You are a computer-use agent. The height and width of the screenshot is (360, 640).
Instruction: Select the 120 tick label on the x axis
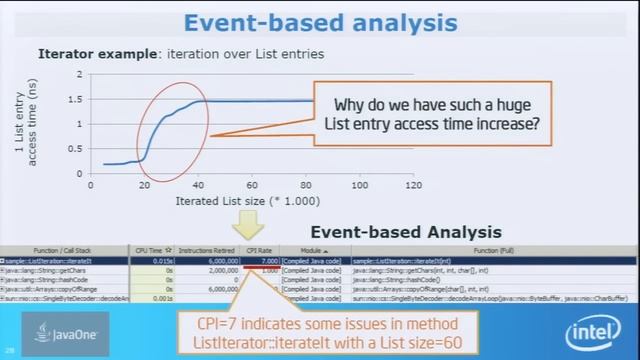coord(411,186)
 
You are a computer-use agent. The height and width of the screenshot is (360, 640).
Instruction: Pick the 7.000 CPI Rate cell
coord(264,259)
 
